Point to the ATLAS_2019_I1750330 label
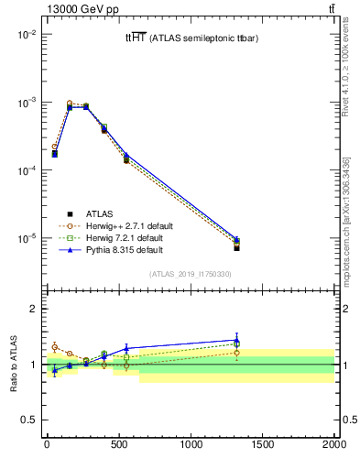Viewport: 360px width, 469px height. click(x=191, y=274)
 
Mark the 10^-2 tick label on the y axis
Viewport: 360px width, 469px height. click(x=27, y=34)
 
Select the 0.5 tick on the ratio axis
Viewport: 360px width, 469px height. click(x=32, y=420)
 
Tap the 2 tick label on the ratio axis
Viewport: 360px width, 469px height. click(x=36, y=309)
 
